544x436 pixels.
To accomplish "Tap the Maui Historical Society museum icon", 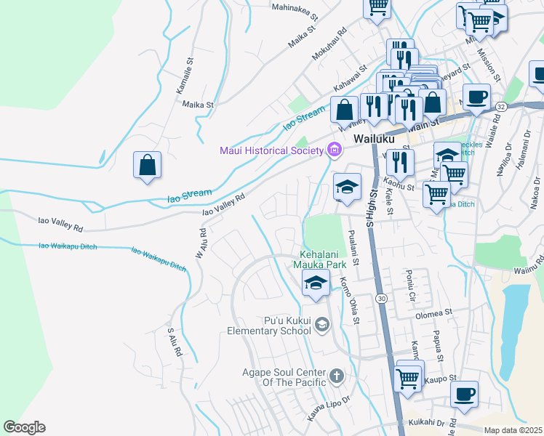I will coord(334,150).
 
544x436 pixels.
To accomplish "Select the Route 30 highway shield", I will coord(380,298).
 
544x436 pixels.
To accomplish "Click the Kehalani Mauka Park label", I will coord(324,260).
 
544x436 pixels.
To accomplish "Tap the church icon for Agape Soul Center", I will coord(335,376).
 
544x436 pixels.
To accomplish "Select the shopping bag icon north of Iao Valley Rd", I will coord(147,164).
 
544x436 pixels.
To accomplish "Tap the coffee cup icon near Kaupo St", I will coord(463,395).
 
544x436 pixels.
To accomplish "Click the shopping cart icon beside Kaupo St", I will coord(409,376).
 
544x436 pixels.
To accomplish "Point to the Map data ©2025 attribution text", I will coord(513,430).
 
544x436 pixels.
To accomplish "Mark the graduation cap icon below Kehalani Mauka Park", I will coord(316,284).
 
